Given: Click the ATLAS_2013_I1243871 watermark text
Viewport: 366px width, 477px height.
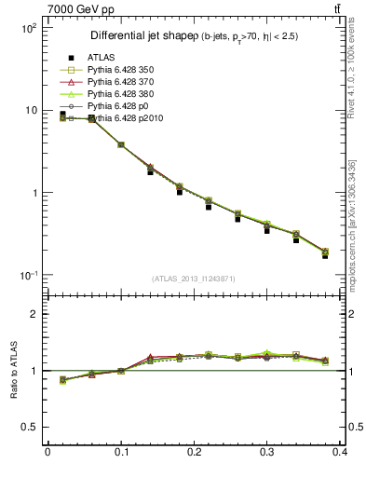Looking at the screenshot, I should click(194, 279).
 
